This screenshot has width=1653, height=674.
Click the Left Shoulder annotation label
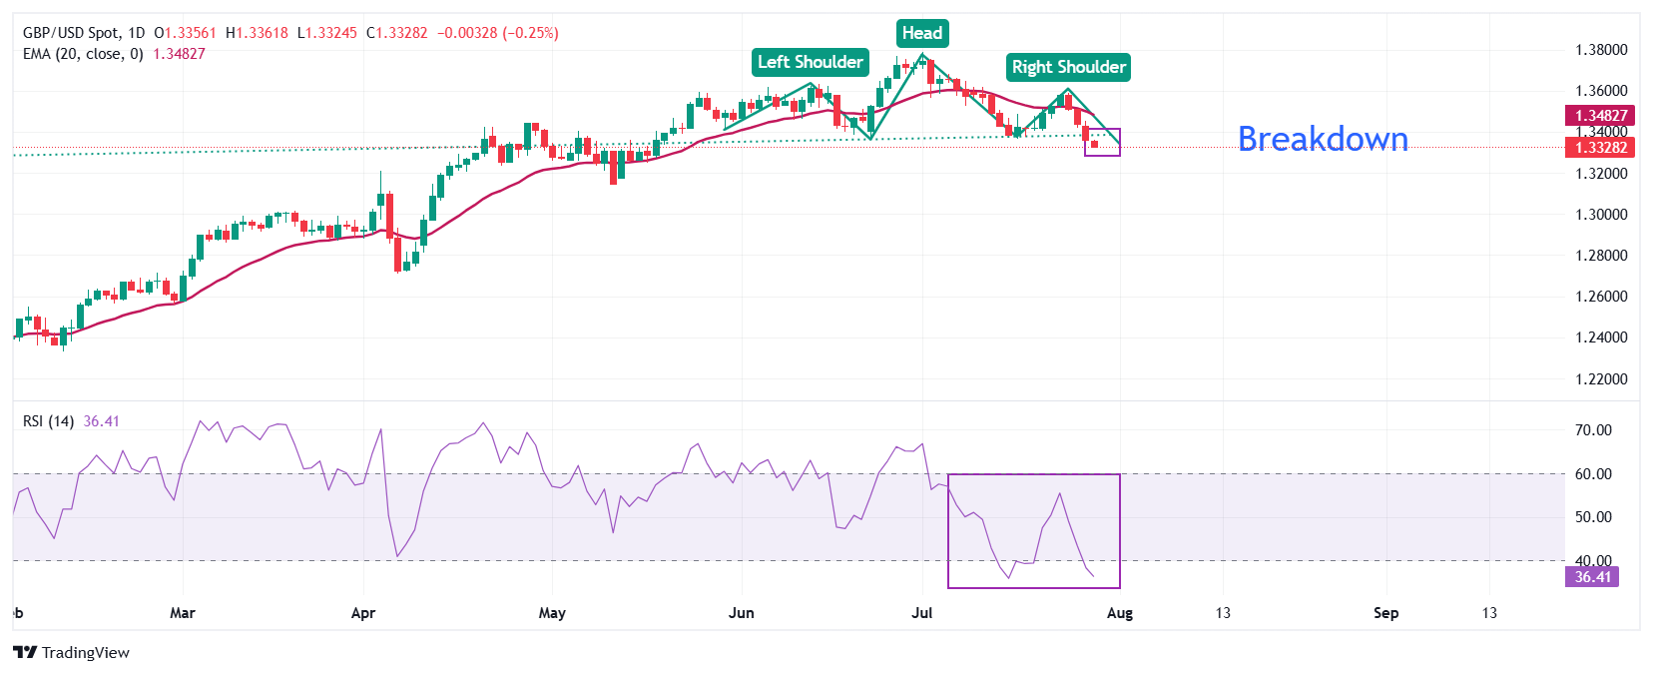click(x=810, y=62)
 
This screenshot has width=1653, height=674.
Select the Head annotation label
click(x=921, y=33)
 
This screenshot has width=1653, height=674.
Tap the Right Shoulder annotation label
click(x=1068, y=67)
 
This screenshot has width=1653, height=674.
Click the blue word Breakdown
click(x=1323, y=139)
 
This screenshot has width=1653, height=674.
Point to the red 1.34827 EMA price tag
click(x=1600, y=116)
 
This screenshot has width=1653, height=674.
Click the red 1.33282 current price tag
click(x=1600, y=148)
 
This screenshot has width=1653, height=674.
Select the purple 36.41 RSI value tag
click(x=1592, y=577)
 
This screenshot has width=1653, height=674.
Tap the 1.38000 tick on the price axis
click(x=1600, y=50)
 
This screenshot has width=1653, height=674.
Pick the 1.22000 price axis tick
click(x=1600, y=379)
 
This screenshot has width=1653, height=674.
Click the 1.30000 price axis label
click(x=1600, y=215)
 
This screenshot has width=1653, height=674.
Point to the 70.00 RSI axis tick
click(x=1592, y=430)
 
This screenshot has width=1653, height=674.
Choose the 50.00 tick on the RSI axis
click(x=1592, y=517)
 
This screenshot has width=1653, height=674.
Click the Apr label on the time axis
click(x=363, y=613)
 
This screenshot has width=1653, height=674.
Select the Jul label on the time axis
click(x=921, y=613)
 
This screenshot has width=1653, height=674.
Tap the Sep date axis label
click(x=1385, y=613)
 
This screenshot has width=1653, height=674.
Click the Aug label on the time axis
click(x=1120, y=613)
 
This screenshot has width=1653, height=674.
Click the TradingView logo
click(x=72, y=653)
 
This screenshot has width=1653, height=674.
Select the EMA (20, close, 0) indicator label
click(x=83, y=54)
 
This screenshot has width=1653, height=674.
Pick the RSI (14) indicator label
click(x=48, y=421)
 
